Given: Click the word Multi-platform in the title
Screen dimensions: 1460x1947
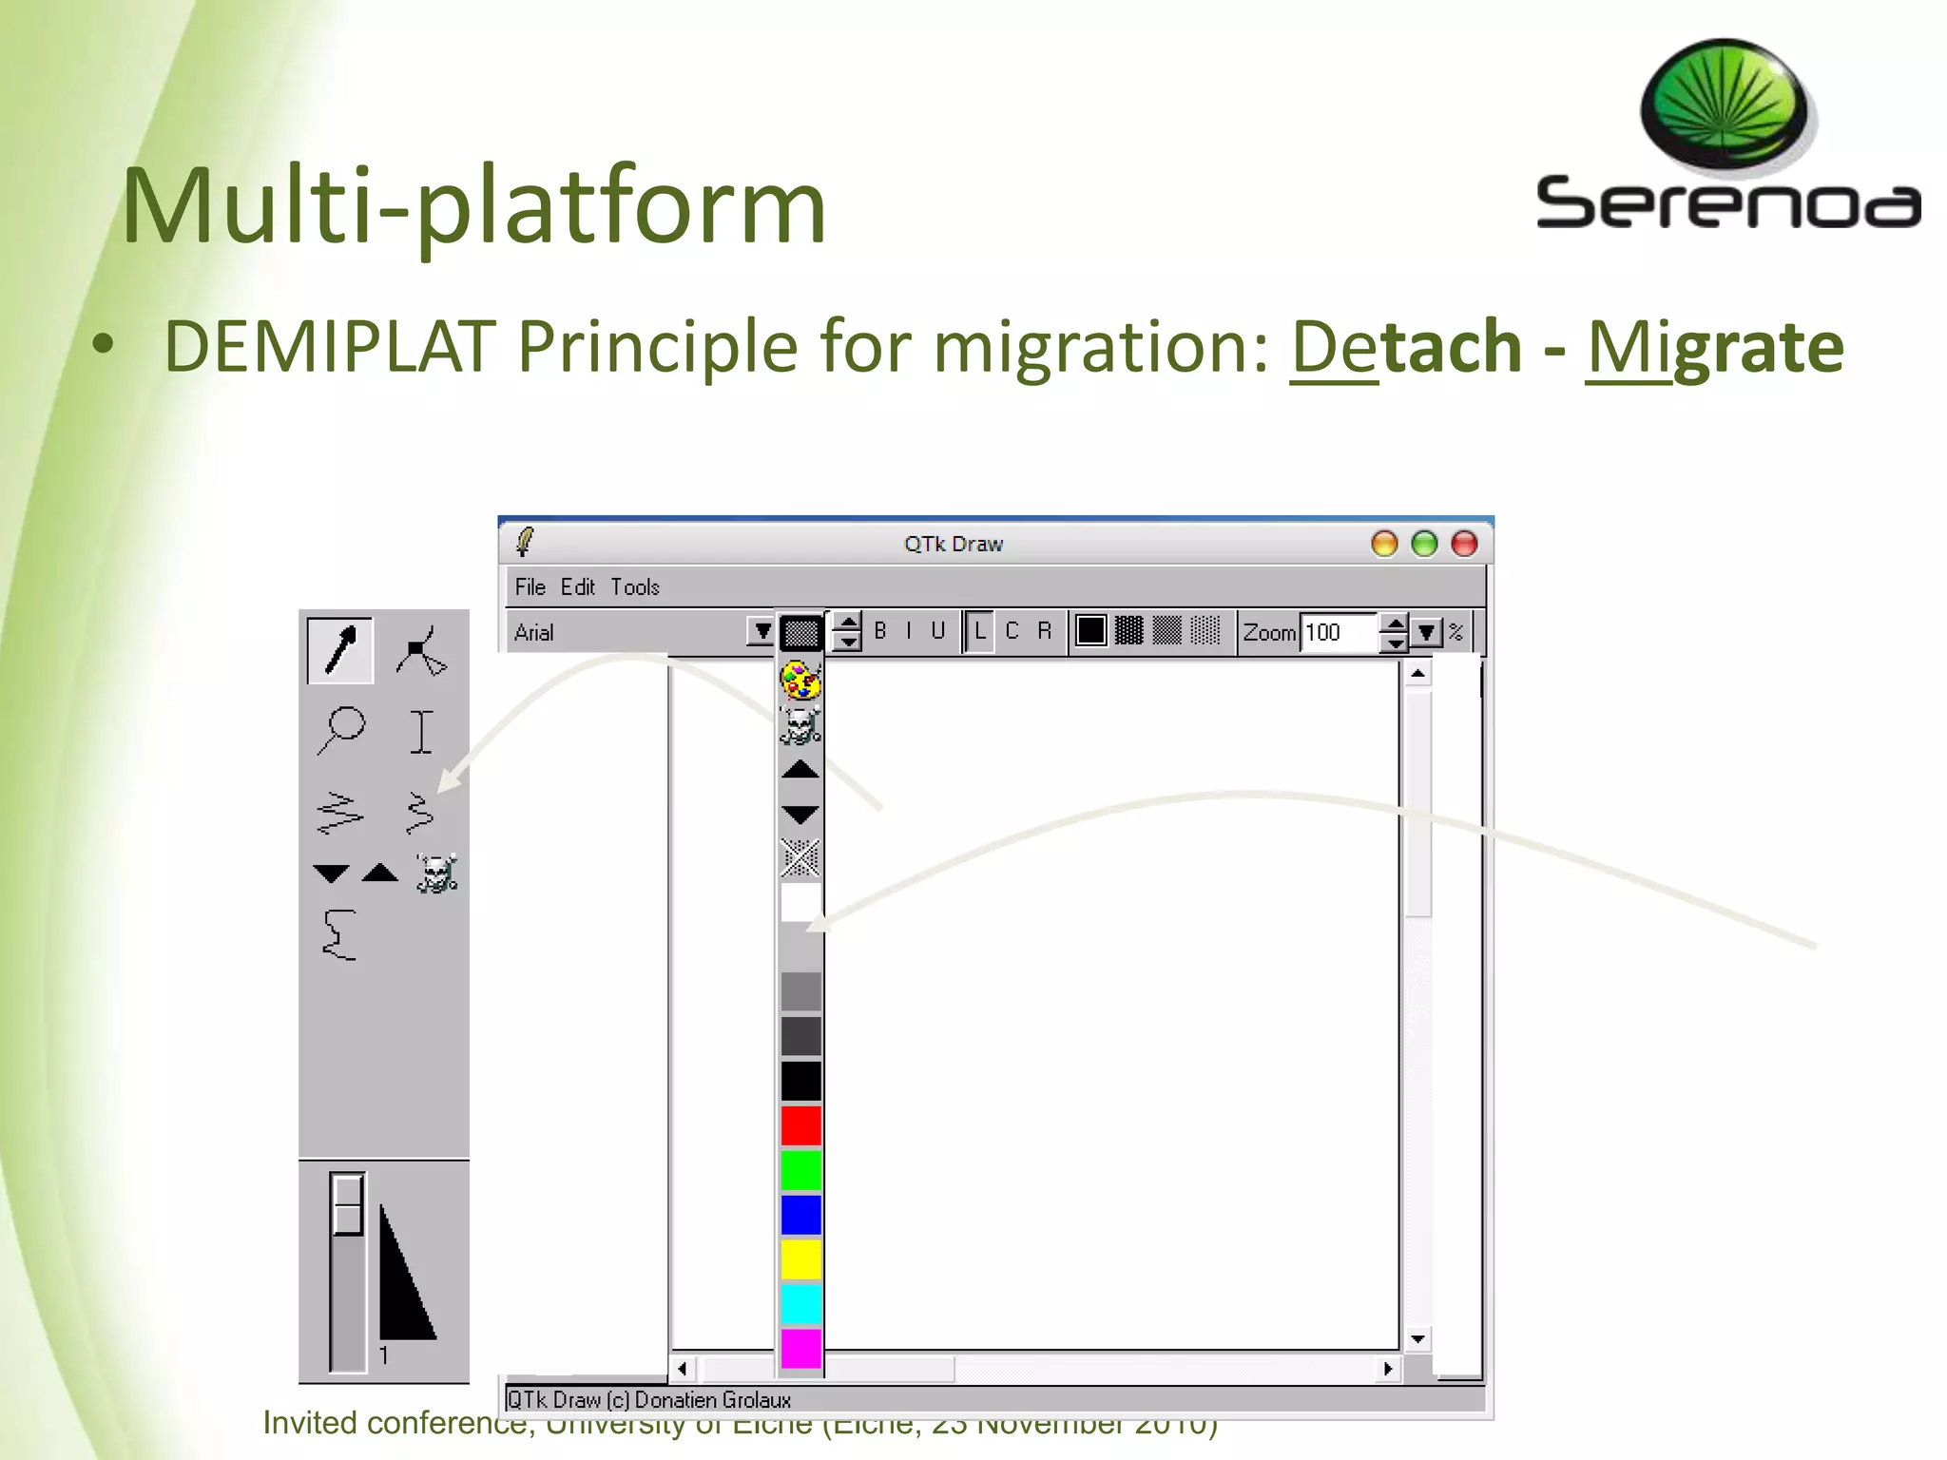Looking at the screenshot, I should point(473,206).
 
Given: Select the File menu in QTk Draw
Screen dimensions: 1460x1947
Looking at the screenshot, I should point(530,587).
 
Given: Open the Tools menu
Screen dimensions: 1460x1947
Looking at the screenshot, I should point(634,587).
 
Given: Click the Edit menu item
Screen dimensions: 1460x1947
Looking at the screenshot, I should point(577,587).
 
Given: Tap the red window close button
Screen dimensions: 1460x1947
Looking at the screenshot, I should point(1464,544).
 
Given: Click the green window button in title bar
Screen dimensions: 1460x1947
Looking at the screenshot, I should point(1424,544).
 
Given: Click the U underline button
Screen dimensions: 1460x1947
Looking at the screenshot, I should point(937,631).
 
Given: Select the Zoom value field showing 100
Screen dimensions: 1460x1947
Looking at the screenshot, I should point(1338,632).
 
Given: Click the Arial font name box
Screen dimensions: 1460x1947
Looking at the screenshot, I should point(627,632).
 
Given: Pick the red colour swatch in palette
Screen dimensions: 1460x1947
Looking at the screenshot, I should point(800,1125).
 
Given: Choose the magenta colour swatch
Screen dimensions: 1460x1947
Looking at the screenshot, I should point(800,1348).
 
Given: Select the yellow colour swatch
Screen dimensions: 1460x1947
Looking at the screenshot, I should point(800,1259).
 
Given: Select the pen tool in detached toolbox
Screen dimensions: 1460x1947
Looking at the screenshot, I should point(340,650).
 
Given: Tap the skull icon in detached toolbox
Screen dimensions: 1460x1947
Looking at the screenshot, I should point(436,873).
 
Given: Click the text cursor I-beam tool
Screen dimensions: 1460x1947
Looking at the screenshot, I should point(421,731).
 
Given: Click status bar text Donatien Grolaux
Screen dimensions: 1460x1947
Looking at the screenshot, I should point(712,1399).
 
